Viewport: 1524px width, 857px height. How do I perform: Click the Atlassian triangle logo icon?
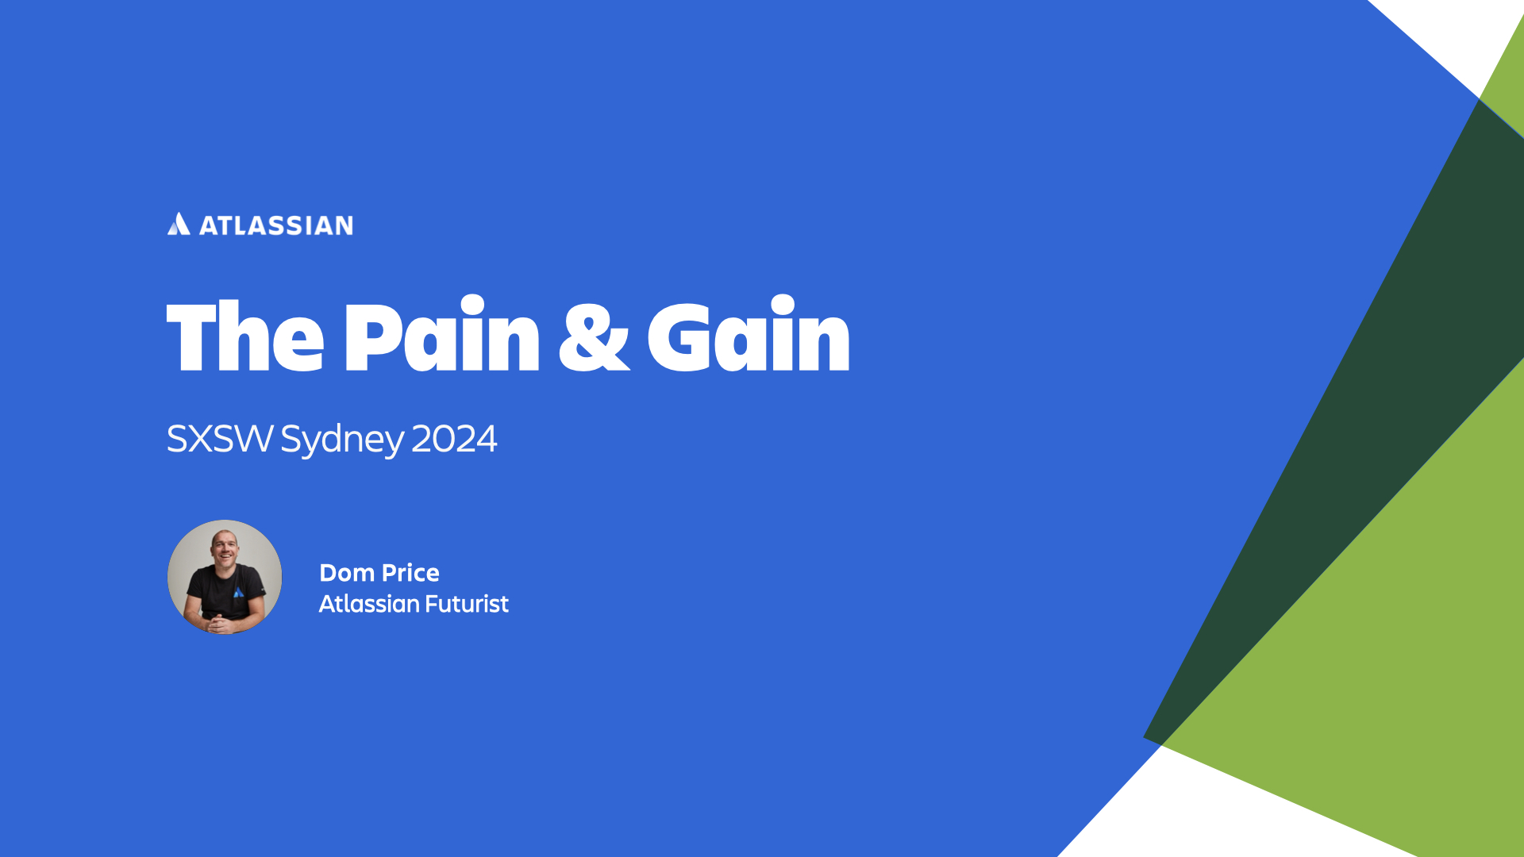tap(179, 224)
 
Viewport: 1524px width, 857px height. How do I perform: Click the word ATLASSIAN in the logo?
tap(276, 225)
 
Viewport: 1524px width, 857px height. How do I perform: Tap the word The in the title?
tap(245, 336)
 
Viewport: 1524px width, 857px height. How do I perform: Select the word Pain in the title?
tap(442, 333)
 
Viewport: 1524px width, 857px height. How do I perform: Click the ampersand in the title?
tap(594, 336)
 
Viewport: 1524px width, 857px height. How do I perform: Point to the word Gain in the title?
tap(749, 333)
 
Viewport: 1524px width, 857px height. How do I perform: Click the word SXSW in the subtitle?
tap(220, 439)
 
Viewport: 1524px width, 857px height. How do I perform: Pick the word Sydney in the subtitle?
tap(342, 440)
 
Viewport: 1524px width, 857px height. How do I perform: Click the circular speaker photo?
tap(225, 577)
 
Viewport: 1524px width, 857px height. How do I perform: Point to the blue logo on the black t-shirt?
tap(238, 592)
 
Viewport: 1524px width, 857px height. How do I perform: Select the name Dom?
tap(347, 573)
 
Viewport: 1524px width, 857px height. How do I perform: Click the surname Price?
tap(410, 573)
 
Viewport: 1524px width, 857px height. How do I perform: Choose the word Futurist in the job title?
tap(467, 604)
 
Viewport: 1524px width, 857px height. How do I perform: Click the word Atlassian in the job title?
tap(369, 604)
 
